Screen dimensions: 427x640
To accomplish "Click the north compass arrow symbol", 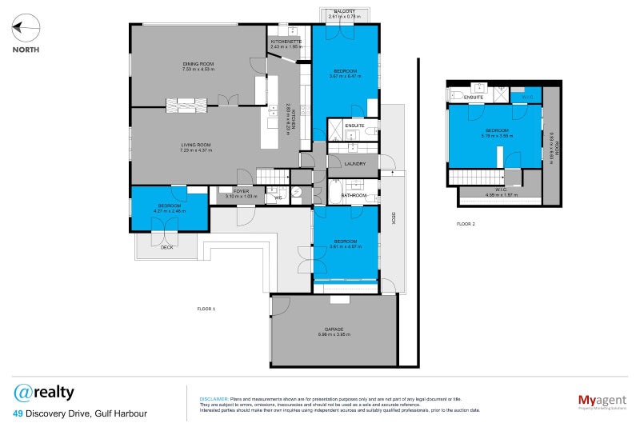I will [26, 30].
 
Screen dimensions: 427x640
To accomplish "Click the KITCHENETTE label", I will [286, 42].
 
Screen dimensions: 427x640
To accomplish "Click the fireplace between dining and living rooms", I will [186, 102].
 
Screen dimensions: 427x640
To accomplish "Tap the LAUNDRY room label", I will [354, 163].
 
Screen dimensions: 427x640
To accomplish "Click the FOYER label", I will [242, 191].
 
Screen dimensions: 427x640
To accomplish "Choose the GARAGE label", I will [334, 329].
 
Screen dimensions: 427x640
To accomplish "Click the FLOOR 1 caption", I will [206, 308].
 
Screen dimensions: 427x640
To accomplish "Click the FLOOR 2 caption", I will [466, 224].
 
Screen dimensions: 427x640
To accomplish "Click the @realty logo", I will [44, 393].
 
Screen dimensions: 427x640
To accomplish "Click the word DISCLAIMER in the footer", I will [214, 397].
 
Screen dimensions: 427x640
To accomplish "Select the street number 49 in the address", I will [18, 413].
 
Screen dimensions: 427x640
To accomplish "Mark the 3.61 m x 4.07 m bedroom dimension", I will [346, 245].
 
